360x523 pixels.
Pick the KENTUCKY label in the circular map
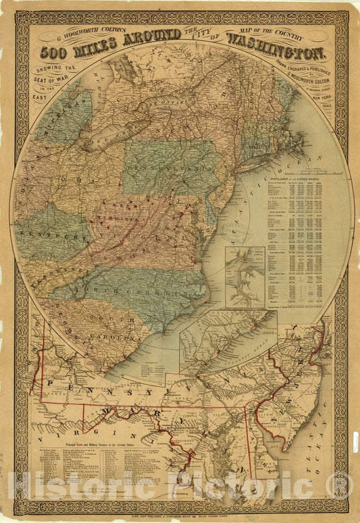49,233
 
